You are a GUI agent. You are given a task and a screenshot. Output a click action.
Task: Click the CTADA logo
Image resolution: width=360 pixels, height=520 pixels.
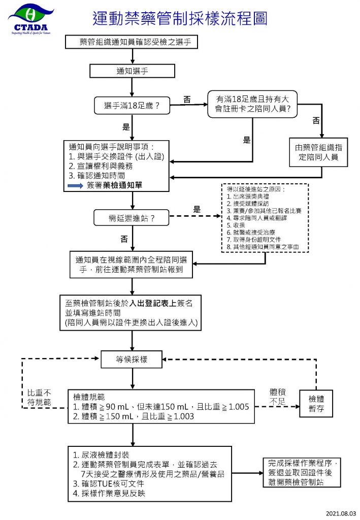(30, 17)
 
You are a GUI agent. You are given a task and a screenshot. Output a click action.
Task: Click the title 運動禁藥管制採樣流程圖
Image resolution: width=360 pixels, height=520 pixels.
(180, 19)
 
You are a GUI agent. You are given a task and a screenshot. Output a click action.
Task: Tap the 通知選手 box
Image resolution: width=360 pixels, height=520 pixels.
(133, 71)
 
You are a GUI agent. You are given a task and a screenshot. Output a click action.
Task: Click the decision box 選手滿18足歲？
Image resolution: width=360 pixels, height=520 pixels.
(132, 106)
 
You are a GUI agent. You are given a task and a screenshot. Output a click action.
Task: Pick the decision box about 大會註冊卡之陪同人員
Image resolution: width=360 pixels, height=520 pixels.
(252, 104)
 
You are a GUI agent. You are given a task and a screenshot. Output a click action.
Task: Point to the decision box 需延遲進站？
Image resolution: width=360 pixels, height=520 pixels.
(132, 218)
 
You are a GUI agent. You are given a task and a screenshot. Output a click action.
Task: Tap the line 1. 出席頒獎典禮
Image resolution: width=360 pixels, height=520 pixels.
(252, 196)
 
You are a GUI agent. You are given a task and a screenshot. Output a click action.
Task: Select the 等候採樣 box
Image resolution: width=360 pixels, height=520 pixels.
(132, 359)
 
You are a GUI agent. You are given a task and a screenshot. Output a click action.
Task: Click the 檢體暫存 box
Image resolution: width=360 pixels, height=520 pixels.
(317, 404)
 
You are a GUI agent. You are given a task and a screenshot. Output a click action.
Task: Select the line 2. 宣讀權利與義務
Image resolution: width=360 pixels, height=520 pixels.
(102, 166)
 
